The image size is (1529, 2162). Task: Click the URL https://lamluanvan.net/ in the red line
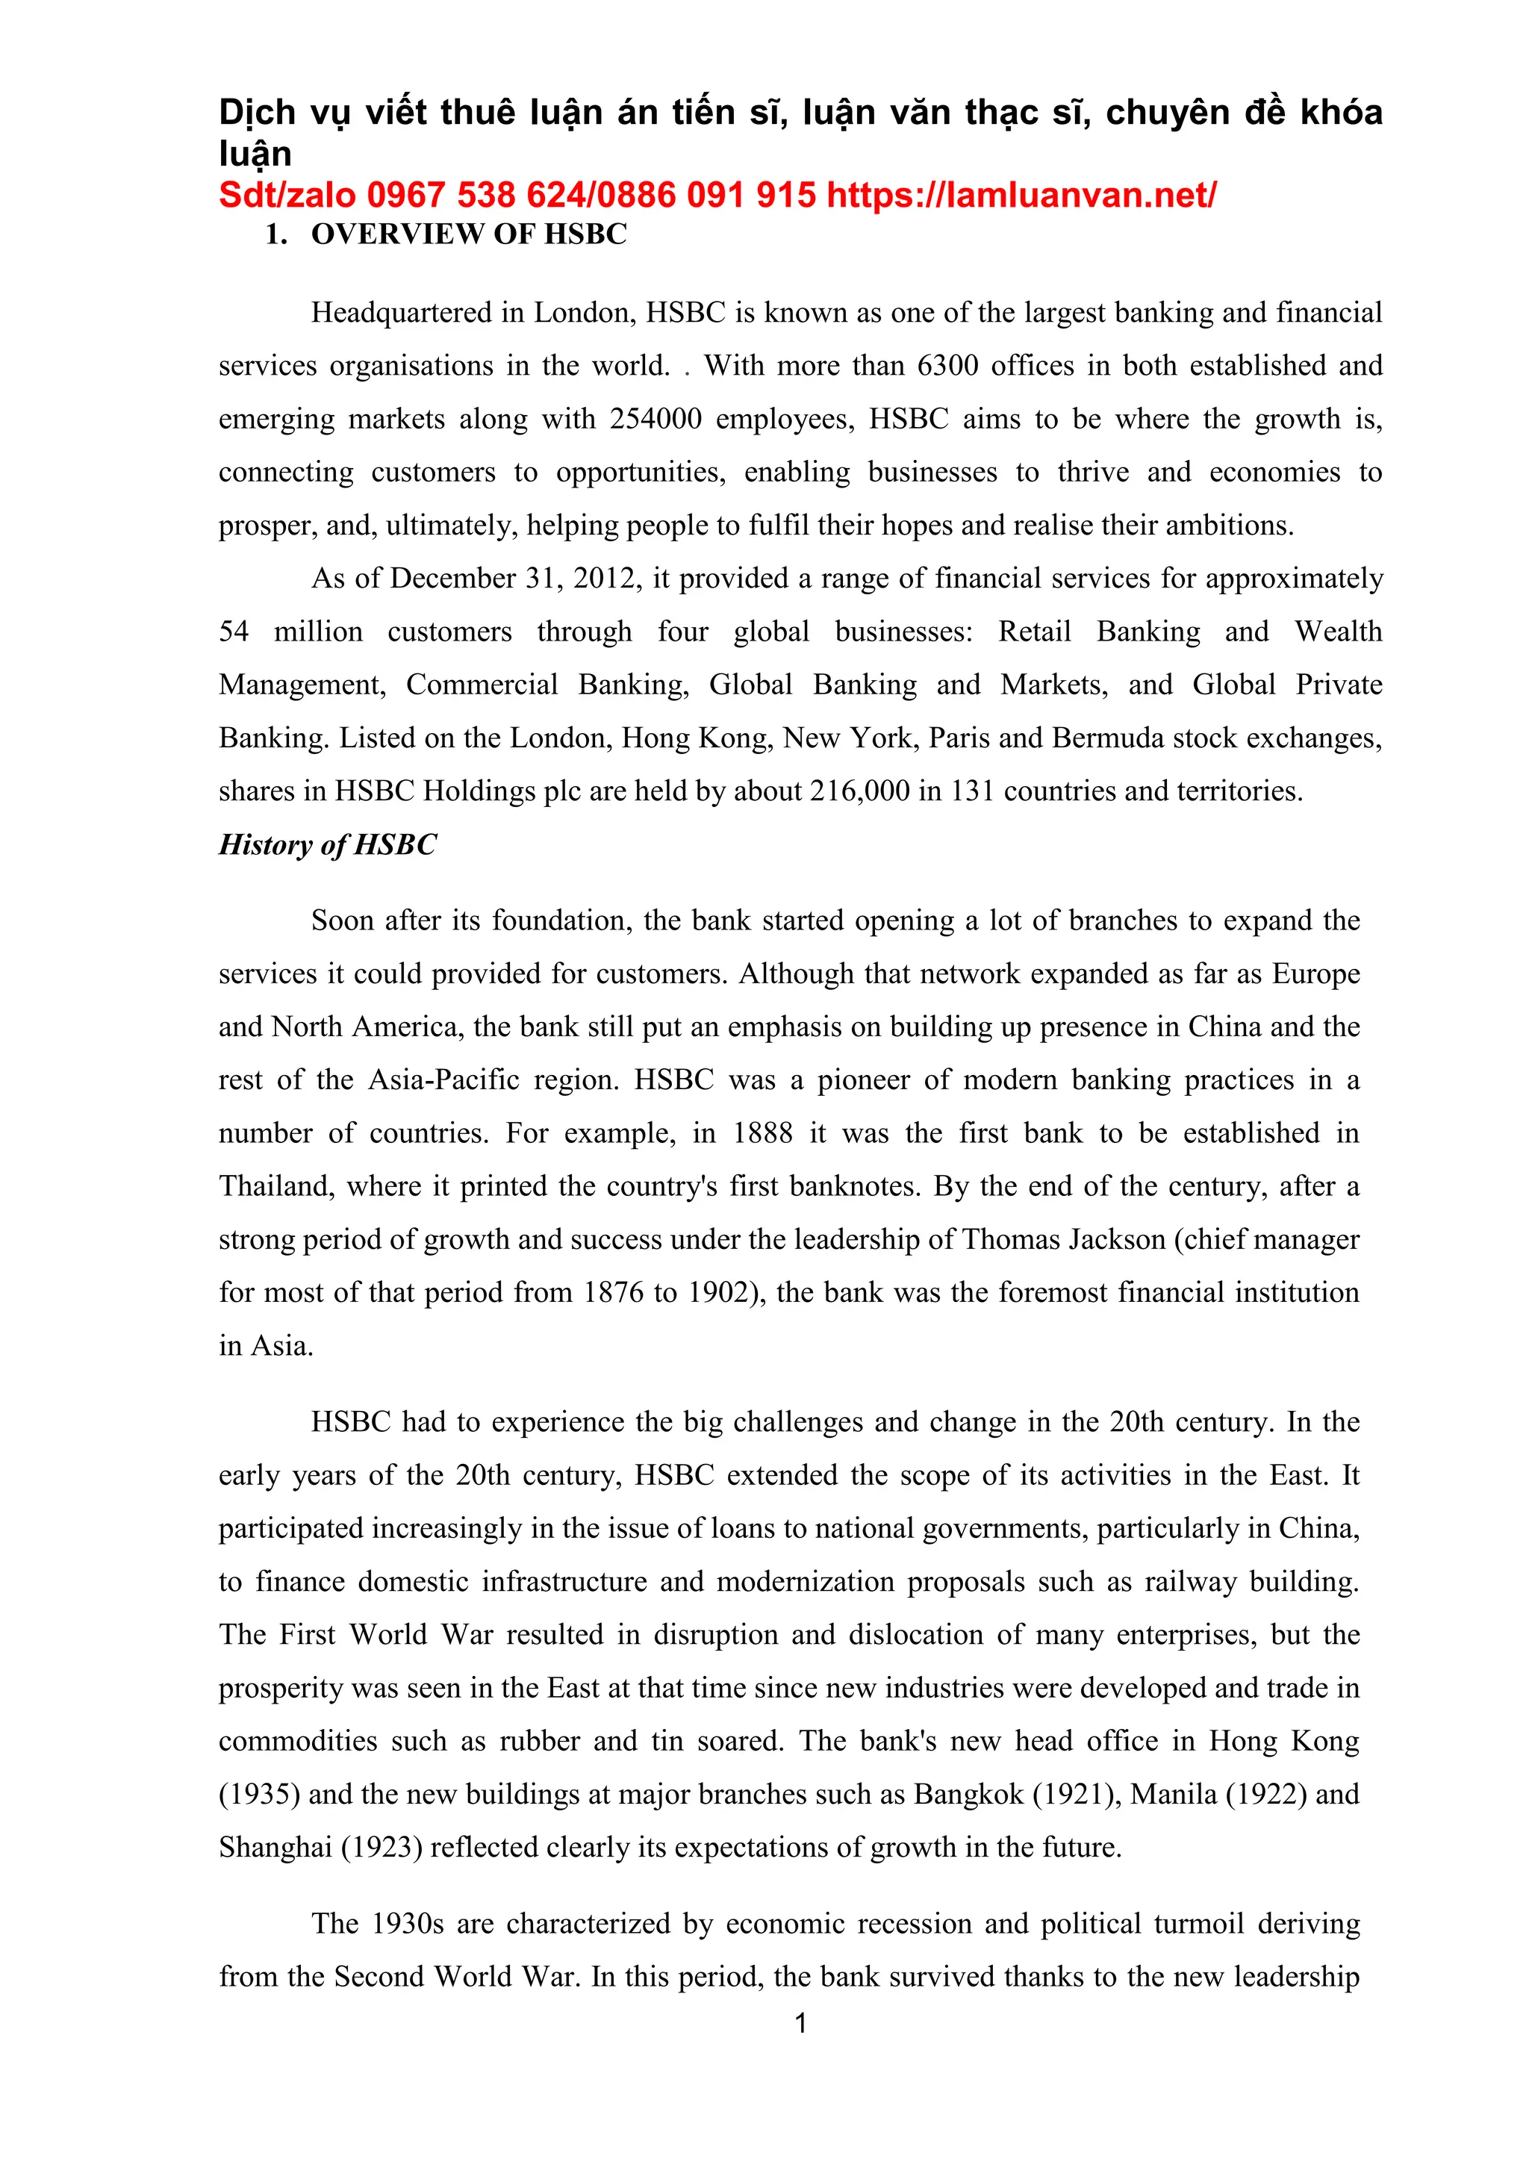[1021, 195]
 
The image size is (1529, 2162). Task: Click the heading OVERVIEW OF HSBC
[469, 234]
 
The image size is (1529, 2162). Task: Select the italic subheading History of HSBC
[328, 844]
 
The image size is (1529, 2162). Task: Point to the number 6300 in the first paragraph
[948, 365]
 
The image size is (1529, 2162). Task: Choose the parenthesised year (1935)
[259, 1795]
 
